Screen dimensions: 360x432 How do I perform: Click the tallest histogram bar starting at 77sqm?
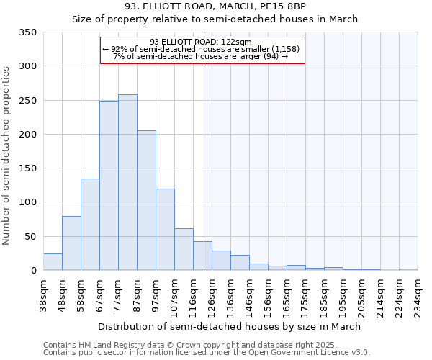click(127, 182)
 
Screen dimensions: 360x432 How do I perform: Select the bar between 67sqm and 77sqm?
click(109, 186)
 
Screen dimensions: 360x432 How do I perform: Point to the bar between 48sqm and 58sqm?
click(71, 243)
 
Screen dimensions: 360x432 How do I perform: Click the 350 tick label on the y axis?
click(27, 32)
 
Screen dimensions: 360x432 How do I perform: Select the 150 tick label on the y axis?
click(27, 168)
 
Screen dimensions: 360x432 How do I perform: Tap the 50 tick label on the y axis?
click(30, 236)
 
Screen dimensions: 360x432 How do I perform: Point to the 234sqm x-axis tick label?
click(417, 296)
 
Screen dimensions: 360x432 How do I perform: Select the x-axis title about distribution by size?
click(230, 326)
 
